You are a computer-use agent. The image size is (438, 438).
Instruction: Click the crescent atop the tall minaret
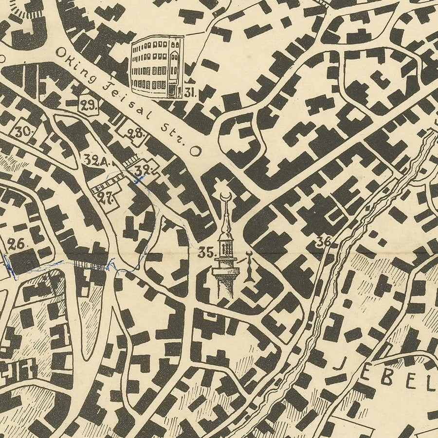click(225, 195)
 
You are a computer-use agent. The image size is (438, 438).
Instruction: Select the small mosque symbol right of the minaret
click(249, 268)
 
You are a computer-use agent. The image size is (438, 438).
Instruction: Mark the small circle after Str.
click(195, 151)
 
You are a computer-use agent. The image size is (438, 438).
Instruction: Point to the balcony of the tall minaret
click(224, 265)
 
